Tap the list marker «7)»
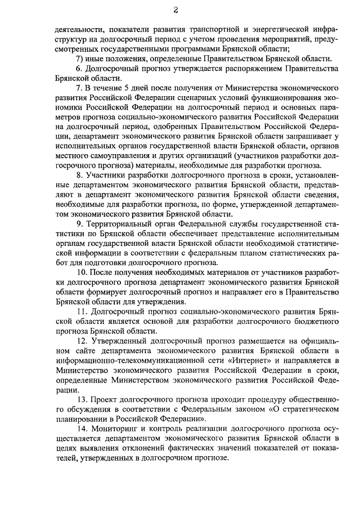[80, 58]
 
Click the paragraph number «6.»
[79, 69]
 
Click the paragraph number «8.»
[79, 176]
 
